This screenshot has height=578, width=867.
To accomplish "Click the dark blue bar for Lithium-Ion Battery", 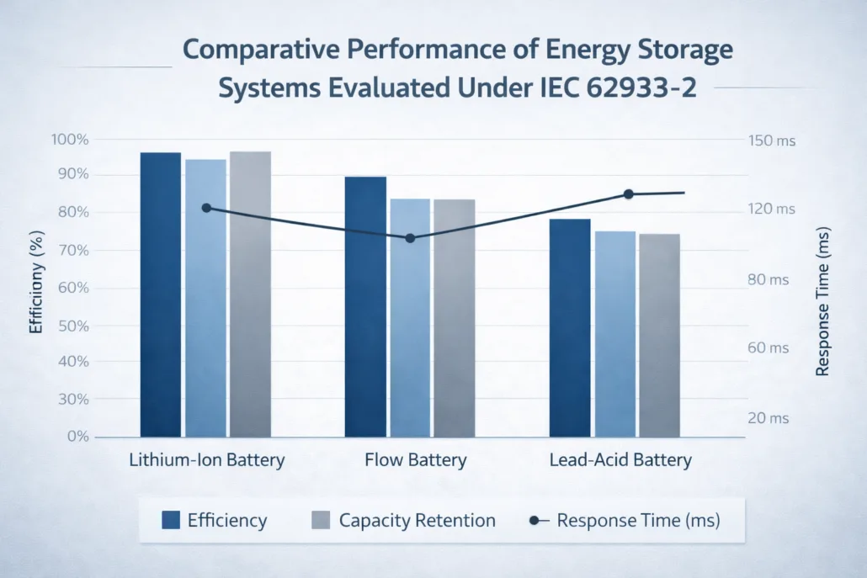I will click(x=160, y=294).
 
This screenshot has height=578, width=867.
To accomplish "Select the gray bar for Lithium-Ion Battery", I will click(x=250, y=294).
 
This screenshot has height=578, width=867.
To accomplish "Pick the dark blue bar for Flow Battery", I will click(x=365, y=307).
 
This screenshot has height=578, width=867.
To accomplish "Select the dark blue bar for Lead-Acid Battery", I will click(x=570, y=328).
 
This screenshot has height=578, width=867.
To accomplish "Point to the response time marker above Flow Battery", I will click(x=410, y=238).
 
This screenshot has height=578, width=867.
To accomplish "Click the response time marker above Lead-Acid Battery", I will click(x=628, y=194).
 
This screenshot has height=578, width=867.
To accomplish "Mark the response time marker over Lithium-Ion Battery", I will click(x=206, y=208).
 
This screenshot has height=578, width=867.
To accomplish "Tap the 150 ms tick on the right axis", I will click(x=771, y=141).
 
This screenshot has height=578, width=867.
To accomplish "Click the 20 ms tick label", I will click(x=768, y=418).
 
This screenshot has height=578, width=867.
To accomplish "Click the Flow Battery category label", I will click(x=415, y=460).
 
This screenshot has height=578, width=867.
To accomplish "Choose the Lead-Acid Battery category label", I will click(x=620, y=460).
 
